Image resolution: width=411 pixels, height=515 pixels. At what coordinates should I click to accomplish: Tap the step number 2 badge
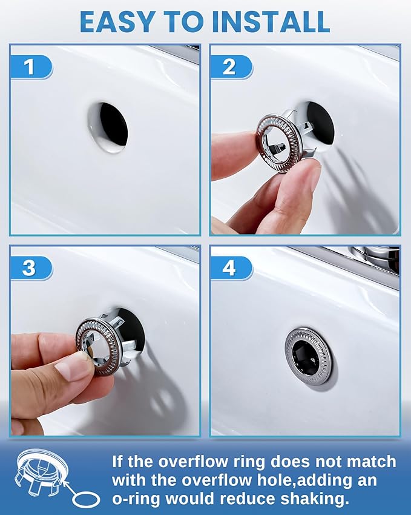(229, 66)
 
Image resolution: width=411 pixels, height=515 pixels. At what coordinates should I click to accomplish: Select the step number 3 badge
(28, 268)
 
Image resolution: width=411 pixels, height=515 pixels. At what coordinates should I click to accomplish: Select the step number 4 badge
(229, 268)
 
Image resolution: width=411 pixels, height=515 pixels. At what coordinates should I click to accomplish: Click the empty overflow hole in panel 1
(108, 127)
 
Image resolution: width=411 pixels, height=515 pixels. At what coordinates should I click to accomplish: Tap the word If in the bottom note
(119, 462)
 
